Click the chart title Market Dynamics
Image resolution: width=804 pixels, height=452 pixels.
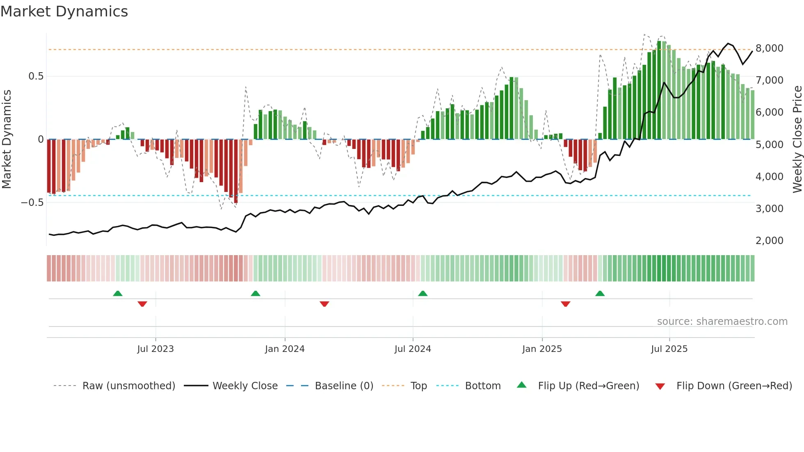pos(64,11)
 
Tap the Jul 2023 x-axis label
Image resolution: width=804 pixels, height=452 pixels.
pos(155,349)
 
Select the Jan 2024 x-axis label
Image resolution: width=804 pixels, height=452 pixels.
pos(285,349)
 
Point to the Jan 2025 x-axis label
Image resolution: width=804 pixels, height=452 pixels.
pos(542,349)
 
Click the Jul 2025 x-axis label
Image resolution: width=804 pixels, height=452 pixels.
pos(669,349)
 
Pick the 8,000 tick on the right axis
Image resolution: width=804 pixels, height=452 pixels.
pos(770,48)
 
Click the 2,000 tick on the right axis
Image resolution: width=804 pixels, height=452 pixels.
pos(770,241)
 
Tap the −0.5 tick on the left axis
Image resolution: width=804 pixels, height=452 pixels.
pos(32,203)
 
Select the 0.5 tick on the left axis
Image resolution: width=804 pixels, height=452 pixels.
pos(36,76)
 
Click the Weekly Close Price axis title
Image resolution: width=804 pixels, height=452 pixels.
pos(797,139)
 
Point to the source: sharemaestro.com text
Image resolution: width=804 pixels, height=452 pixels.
pos(722,322)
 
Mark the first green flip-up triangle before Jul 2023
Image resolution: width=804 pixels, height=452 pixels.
pos(118,294)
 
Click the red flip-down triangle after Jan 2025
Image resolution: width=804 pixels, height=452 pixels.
pos(566,304)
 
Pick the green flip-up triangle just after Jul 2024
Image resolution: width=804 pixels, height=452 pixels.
pos(423,294)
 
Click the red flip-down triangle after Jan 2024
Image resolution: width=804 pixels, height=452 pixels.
pos(324,304)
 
